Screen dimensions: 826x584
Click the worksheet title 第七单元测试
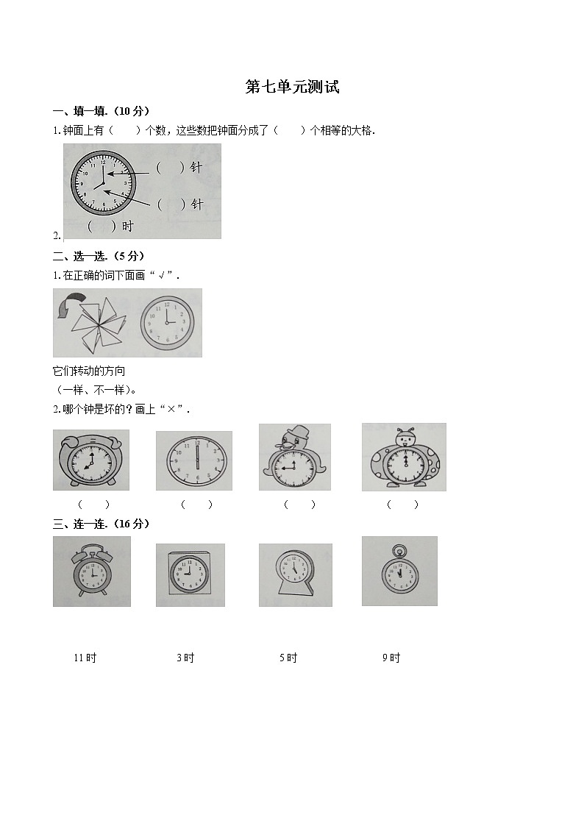click(x=292, y=87)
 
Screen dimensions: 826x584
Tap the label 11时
click(x=85, y=658)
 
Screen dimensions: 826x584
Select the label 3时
click(x=185, y=658)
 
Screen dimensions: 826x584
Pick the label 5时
click(x=288, y=658)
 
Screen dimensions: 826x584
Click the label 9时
click(x=391, y=658)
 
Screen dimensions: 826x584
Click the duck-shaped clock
click(x=295, y=459)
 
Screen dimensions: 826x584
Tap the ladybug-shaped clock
click(x=404, y=458)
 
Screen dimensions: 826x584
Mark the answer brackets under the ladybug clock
click(x=402, y=504)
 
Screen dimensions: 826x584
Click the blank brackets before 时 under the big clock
click(x=102, y=227)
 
